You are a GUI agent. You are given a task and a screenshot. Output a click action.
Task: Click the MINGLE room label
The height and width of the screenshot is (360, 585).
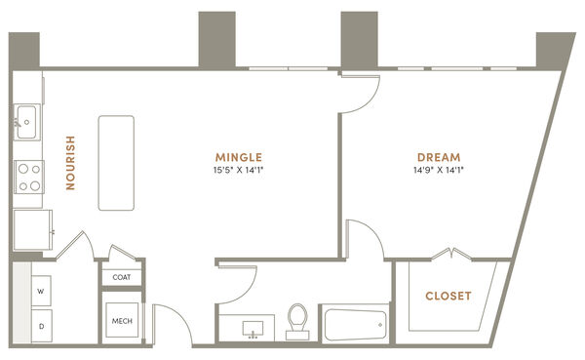click(x=239, y=157)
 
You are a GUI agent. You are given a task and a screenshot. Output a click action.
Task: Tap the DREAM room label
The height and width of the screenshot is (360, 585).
click(x=439, y=157)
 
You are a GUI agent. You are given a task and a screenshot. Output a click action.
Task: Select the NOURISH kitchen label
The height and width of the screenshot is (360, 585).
click(x=70, y=163)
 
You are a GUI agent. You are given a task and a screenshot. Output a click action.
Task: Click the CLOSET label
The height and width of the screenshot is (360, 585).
click(x=448, y=297)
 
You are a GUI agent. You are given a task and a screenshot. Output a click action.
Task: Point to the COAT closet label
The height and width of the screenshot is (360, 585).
click(x=122, y=277)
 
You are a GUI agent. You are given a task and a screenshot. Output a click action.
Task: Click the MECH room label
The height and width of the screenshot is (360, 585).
click(x=122, y=321)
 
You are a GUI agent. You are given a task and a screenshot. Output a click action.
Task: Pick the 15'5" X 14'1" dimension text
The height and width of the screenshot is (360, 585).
click(x=239, y=171)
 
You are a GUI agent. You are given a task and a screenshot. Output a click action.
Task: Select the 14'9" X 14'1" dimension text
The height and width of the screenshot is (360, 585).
click(x=439, y=171)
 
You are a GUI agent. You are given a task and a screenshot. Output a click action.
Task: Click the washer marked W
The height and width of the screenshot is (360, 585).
click(x=41, y=291)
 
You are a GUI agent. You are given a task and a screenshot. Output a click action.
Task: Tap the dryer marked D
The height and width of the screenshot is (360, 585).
click(x=41, y=326)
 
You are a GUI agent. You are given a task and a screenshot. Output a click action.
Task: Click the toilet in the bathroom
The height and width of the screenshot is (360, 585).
click(x=297, y=322)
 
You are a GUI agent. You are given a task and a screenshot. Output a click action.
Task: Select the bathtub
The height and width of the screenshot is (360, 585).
click(x=356, y=325)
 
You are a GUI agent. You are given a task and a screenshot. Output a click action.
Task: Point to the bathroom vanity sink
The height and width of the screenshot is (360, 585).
click(x=253, y=328)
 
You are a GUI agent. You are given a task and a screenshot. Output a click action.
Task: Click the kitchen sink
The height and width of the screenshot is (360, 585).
click(x=27, y=122)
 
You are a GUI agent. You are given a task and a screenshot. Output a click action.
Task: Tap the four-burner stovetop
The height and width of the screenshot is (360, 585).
click(x=29, y=177)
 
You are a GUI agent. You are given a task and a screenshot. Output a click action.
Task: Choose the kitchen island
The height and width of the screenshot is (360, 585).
click(x=116, y=163)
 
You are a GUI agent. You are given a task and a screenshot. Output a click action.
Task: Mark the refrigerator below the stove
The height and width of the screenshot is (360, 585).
click(x=33, y=230)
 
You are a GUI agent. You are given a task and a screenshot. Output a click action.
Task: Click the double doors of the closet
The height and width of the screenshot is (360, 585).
click(x=451, y=254)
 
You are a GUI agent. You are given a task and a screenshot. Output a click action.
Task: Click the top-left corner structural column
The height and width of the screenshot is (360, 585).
click(x=24, y=50)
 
